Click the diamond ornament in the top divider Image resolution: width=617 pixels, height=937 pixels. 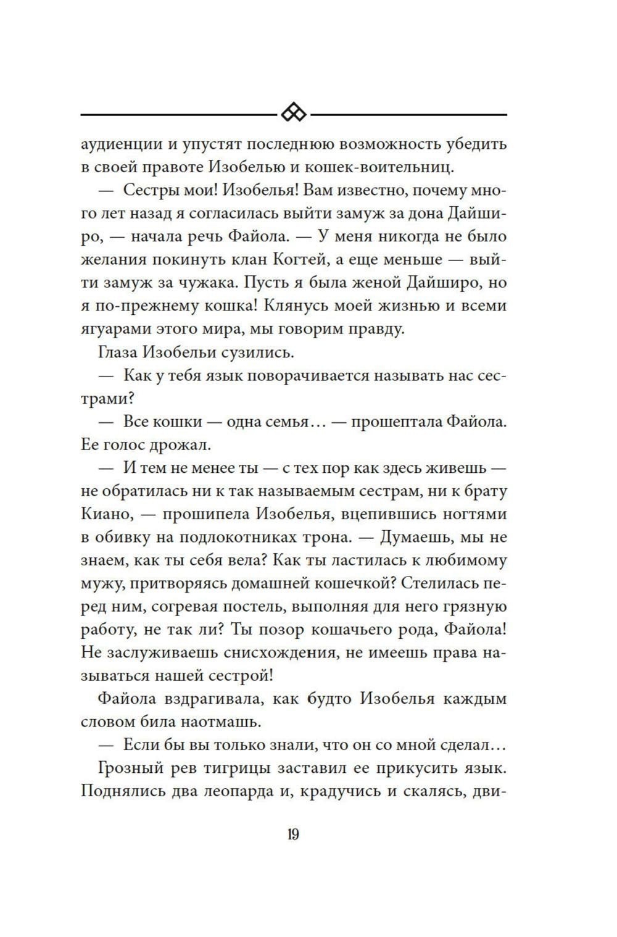[x=294, y=114]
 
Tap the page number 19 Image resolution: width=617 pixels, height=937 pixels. [x=293, y=835]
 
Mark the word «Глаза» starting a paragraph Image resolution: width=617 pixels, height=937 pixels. [x=118, y=352]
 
